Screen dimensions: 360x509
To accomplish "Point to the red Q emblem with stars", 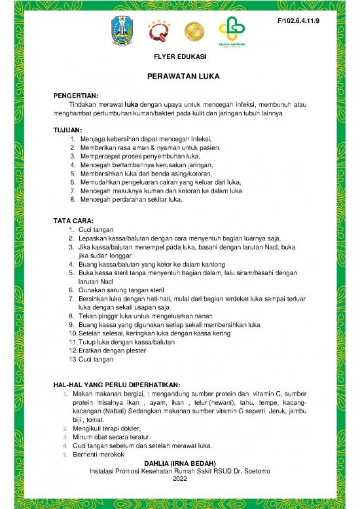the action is [x=159, y=31].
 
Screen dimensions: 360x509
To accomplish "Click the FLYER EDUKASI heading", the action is [x=180, y=57].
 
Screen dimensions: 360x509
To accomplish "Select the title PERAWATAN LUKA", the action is [x=180, y=77].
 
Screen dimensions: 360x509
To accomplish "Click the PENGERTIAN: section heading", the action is [x=75, y=96].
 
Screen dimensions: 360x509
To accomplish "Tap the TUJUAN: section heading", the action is [x=67, y=130].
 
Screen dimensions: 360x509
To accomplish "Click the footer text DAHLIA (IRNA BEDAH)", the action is [x=179, y=463].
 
